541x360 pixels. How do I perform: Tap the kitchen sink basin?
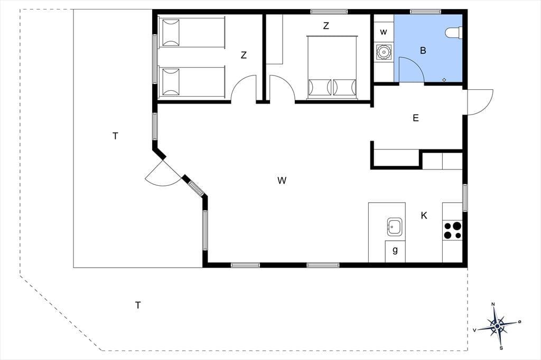[x=395, y=227]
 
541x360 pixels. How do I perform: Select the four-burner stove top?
[x=452, y=230]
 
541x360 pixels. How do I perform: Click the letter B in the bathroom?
[x=423, y=51]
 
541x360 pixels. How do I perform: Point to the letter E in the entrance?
[x=416, y=118]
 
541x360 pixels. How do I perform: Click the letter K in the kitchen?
[x=424, y=215]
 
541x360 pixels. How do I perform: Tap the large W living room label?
[x=282, y=181]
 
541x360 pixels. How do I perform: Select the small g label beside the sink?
[x=395, y=250]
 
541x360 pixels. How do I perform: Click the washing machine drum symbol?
[x=384, y=52]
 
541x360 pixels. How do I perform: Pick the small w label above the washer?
[x=384, y=32]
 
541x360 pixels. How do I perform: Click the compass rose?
[x=497, y=326]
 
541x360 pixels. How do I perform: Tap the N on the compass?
[x=493, y=304]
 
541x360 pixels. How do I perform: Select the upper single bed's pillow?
[x=171, y=33]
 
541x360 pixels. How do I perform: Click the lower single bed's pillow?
[x=171, y=82]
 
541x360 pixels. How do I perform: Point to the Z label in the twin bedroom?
[x=244, y=55]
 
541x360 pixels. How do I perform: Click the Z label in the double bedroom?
[x=325, y=25]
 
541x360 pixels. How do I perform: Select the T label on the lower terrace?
[x=138, y=305]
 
